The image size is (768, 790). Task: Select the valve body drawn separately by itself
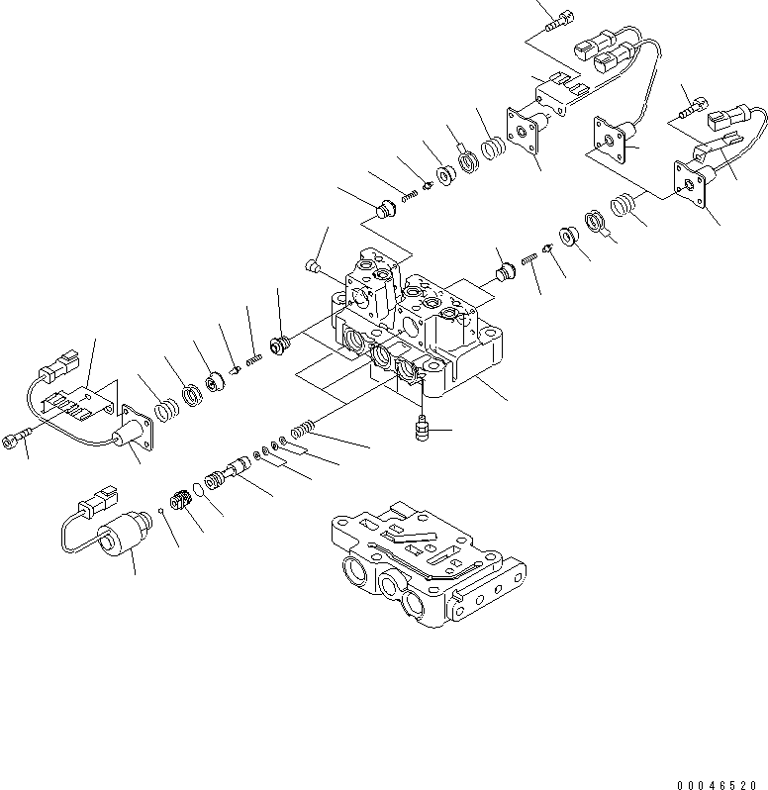click(x=427, y=567)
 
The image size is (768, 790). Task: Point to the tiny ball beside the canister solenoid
click(x=160, y=510)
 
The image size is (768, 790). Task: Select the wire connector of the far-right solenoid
click(x=729, y=121)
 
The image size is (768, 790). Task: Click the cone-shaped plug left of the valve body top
click(x=310, y=263)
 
